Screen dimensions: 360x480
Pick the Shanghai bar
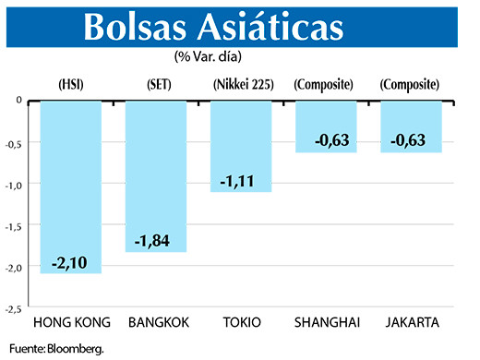coord(326,125)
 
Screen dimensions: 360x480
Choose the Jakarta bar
coord(411,125)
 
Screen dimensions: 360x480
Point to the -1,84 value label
coord(156,241)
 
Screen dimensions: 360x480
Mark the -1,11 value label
coord(241,182)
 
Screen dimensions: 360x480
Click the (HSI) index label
coord(71,85)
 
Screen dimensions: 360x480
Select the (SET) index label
coord(156,85)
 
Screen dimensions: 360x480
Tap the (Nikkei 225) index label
coord(241,85)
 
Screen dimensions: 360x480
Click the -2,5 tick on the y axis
coord(16,308)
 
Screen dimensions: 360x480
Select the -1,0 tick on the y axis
coord(16,184)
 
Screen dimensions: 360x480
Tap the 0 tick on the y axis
coord(19,100)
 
